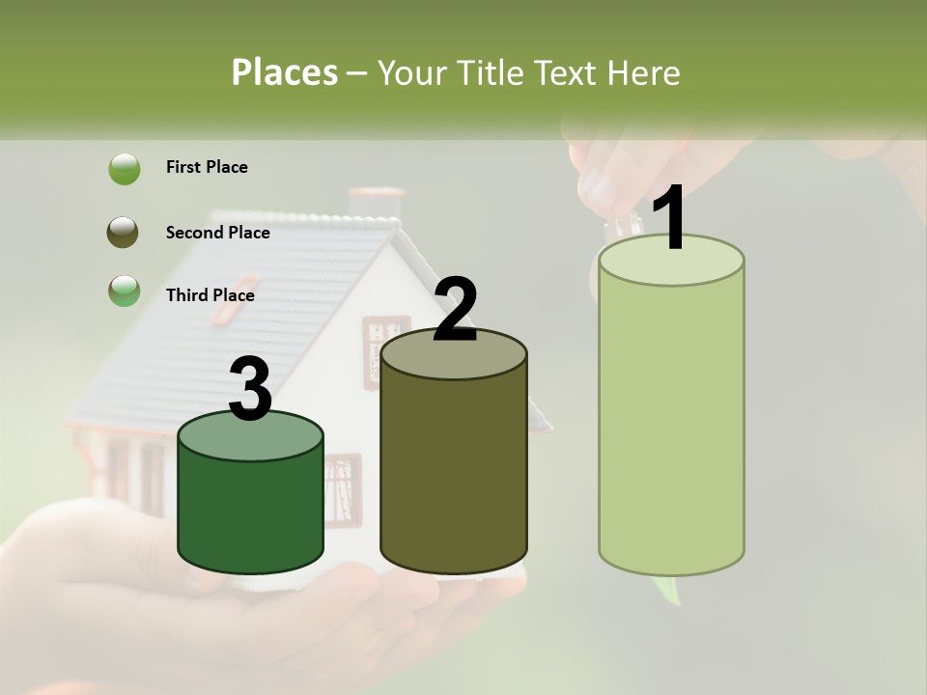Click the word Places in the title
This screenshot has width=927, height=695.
[x=285, y=72]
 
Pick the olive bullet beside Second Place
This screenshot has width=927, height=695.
[x=124, y=233]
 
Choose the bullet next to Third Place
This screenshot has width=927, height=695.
[x=124, y=291]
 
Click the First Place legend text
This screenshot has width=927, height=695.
[x=207, y=167]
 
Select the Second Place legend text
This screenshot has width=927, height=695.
[x=218, y=233]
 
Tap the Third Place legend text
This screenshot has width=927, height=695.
[x=211, y=295]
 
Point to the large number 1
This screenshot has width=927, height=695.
[x=670, y=219]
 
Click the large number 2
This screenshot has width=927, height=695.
[x=456, y=311]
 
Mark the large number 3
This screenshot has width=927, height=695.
[x=251, y=390]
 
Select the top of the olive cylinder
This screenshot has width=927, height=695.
[x=454, y=354]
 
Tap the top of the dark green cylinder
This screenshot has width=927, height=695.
[x=251, y=436]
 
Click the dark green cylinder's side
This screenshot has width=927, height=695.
[x=251, y=512]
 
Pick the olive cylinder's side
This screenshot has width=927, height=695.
[x=454, y=463]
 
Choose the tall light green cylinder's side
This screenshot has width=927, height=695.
[x=671, y=425]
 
